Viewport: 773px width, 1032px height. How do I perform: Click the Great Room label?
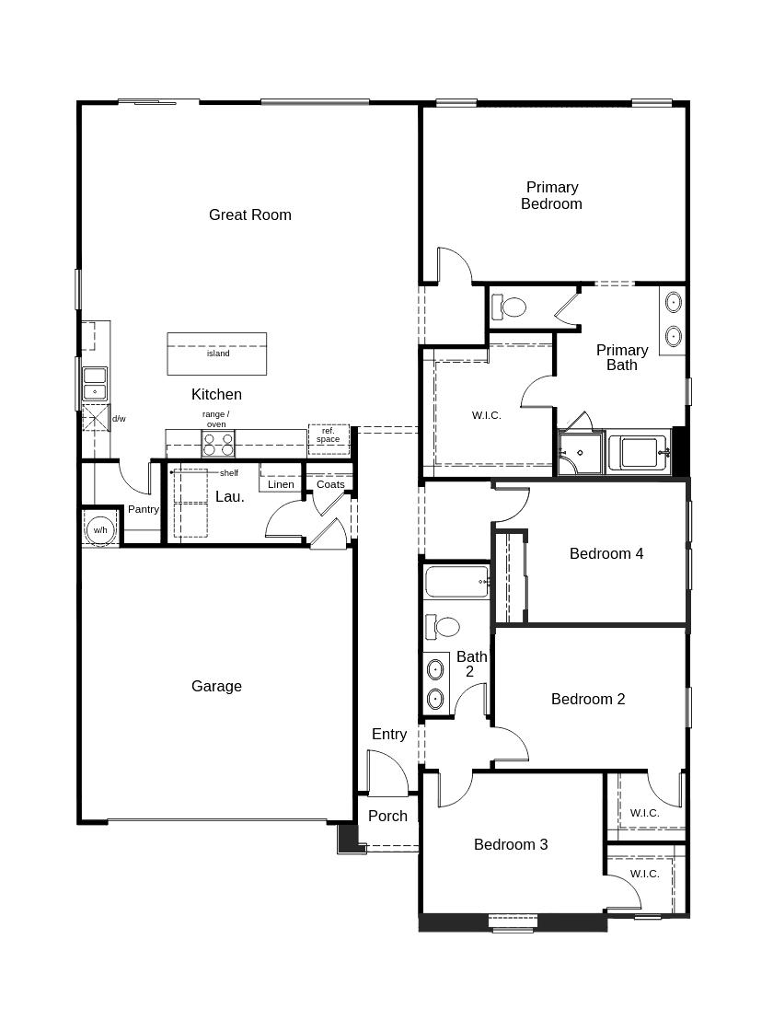tap(250, 215)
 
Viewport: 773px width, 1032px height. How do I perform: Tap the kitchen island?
tap(216, 354)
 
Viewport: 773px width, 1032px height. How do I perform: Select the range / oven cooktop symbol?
tap(218, 444)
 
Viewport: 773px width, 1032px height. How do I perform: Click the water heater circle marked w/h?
tap(100, 530)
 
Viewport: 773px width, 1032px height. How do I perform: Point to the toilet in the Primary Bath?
tap(509, 307)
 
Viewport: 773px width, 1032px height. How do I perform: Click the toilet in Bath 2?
tap(442, 627)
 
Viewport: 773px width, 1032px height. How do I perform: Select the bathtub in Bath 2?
tap(456, 582)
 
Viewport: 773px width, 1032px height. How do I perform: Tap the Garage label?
tap(216, 686)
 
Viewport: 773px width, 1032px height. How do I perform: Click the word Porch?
tap(387, 817)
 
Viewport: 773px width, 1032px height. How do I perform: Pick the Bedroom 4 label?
tap(606, 553)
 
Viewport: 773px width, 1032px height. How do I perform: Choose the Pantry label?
tap(144, 509)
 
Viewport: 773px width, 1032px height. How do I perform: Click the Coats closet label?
tap(330, 484)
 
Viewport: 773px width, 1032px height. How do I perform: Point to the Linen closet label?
tap(281, 484)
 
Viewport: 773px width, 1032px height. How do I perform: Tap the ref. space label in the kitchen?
tap(328, 435)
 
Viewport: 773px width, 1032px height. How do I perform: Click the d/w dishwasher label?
tap(119, 419)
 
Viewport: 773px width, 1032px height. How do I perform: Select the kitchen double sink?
tap(95, 385)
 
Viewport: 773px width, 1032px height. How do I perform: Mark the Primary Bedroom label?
tap(551, 195)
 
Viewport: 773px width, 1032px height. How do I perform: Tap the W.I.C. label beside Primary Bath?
tap(486, 415)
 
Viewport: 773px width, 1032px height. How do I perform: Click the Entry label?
tap(389, 734)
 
